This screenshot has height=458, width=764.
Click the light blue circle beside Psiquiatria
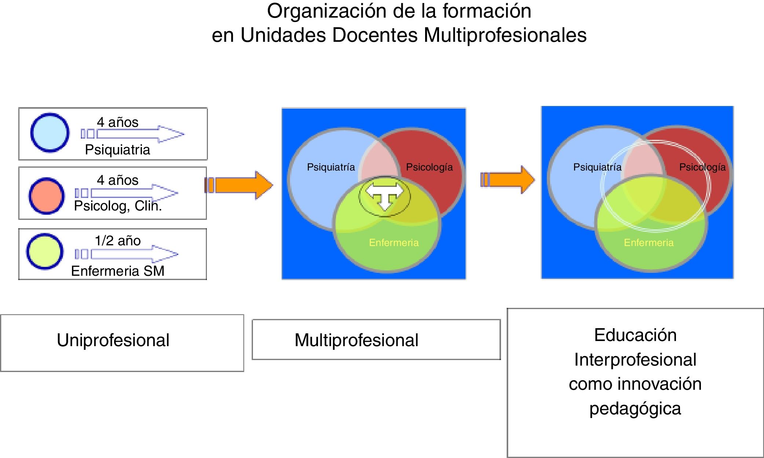pos(50,132)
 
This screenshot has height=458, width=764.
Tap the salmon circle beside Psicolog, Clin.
pos(47,196)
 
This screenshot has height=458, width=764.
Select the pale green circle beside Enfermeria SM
pos(45,252)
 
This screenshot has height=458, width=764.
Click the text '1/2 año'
pos(118,241)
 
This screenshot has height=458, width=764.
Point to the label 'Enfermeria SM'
pos(118,271)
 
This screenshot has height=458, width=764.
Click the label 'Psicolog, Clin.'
pos(118,206)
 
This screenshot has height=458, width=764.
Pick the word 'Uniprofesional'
pos(113,340)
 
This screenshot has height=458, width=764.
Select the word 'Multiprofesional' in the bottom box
pos(356,340)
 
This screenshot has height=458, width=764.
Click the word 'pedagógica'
pos(635,408)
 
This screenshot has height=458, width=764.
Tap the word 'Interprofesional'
pos(635,359)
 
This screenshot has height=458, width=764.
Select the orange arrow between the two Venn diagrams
pos(508,180)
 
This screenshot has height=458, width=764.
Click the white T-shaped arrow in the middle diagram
pos(384,195)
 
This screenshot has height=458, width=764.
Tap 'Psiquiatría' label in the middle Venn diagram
pos(331,167)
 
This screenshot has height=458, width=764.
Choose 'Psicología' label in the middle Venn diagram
pos(429,167)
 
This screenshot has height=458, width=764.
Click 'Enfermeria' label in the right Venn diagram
pos(648,242)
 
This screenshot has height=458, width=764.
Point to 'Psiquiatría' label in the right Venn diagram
pos(597,167)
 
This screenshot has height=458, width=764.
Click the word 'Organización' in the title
pos(326,11)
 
